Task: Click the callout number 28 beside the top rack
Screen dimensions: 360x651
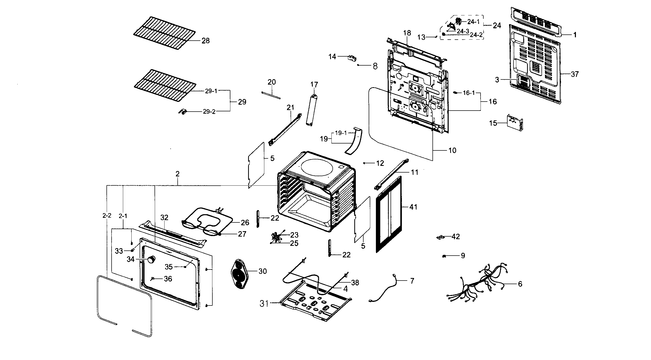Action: [x=206, y=41]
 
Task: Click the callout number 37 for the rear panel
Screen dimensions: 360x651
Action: [x=575, y=74]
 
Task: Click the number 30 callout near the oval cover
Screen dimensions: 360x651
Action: [x=263, y=271]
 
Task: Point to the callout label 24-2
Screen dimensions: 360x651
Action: [x=476, y=35]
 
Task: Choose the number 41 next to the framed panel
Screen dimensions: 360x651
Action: [x=413, y=207]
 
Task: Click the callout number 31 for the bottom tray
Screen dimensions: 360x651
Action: [x=264, y=304]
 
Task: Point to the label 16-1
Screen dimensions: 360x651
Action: [x=469, y=93]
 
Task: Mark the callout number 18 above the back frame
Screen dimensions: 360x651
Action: [x=407, y=33]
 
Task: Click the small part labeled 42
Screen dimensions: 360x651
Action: [x=440, y=237]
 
